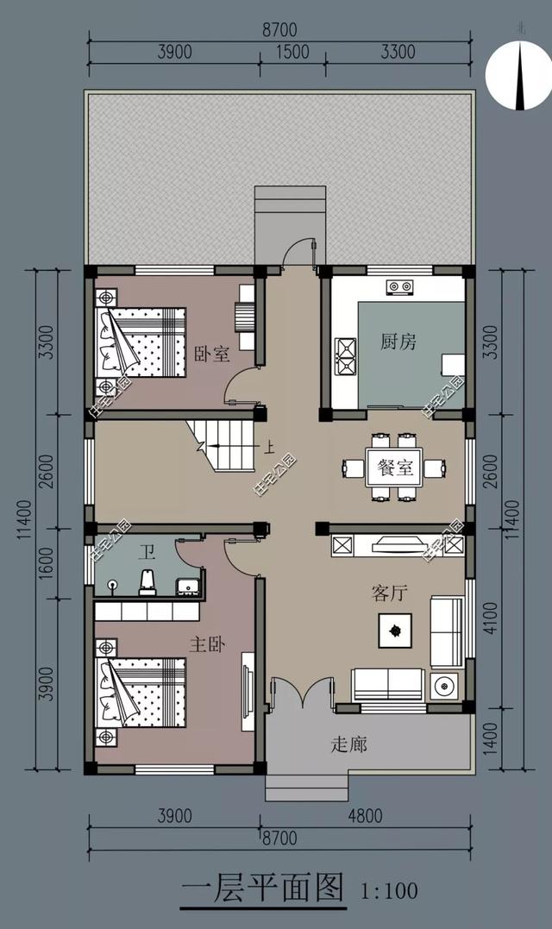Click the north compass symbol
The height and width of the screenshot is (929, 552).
(518, 76)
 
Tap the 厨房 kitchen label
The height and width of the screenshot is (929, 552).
(398, 342)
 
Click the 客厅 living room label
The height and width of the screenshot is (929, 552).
(389, 593)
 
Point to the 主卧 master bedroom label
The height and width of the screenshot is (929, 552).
(207, 644)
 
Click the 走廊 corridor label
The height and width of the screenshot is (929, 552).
(348, 743)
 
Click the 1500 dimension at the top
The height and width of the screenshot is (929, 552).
(292, 52)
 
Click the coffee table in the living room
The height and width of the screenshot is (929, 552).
(396, 631)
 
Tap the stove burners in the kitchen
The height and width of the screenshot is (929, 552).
(398, 286)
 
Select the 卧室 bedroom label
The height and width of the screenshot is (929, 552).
(212, 354)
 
